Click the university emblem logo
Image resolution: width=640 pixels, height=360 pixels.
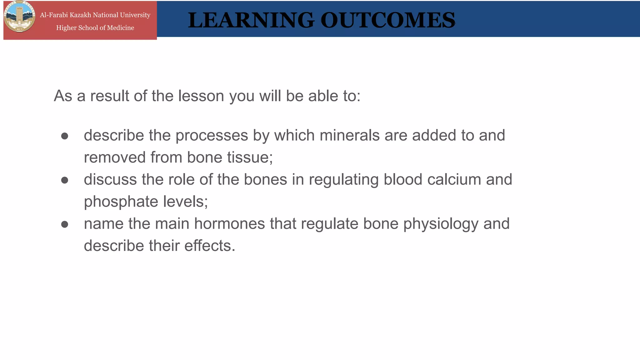point(19,17)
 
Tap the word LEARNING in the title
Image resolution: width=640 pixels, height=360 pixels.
point(251,20)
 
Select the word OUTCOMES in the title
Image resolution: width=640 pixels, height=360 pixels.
point(388,20)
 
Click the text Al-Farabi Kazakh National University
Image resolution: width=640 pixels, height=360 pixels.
point(95,15)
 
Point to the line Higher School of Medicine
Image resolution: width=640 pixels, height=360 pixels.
point(95,28)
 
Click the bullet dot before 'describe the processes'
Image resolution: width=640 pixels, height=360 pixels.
point(65,136)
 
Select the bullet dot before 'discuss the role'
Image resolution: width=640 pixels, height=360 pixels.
point(65,180)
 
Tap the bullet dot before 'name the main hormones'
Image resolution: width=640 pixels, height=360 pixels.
point(65,224)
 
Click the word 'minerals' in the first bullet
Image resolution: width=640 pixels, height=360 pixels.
point(350,135)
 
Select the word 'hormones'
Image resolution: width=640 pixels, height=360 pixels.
point(229,224)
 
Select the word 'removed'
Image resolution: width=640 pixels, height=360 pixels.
point(115,157)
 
